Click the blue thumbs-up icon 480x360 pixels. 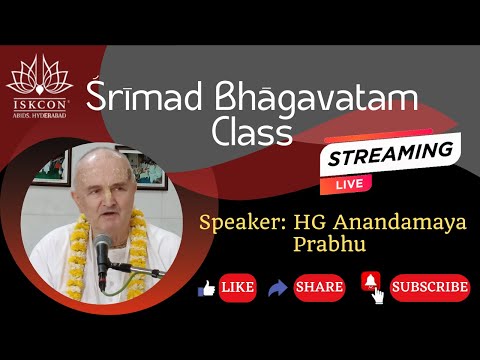point(207,288)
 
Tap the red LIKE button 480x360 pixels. point(238,288)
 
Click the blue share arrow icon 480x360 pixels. point(278,288)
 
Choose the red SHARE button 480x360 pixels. point(319,288)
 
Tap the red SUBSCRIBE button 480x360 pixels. point(429,287)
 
